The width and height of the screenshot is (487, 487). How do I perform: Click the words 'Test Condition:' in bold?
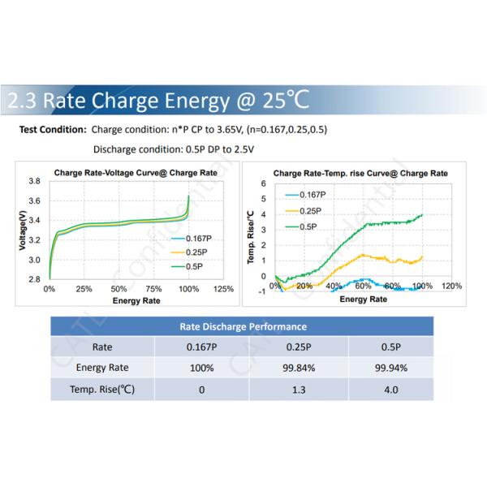coord(52,130)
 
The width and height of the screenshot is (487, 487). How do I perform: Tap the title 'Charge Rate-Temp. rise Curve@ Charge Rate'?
coord(360,173)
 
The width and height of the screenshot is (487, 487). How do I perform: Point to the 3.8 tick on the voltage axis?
coord(34,181)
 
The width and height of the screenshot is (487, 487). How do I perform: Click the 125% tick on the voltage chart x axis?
coord(222,289)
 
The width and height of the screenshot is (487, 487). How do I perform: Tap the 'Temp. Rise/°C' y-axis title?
coord(251,236)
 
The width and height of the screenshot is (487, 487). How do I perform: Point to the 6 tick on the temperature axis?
coord(263,184)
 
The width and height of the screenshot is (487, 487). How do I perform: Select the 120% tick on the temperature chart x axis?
coord(451,286)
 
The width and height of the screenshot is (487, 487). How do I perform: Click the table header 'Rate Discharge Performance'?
coord(242,326)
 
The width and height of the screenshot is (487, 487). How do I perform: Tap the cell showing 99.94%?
coord(391,368)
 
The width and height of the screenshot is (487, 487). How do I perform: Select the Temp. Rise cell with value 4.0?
coord(391,389)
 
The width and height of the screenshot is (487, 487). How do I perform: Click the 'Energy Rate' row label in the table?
coord(101,368)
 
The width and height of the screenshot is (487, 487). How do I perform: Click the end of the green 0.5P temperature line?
coord(423,215)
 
